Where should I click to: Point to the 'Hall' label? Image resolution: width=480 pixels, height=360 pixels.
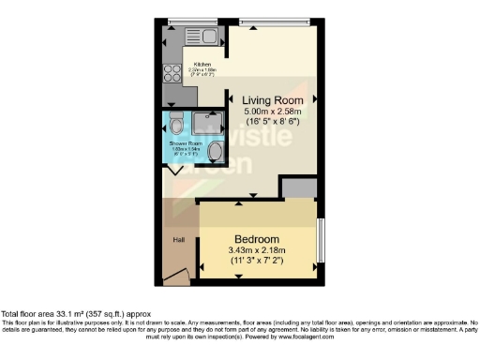click(177, 240)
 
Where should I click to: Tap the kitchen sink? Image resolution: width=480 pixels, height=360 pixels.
click(203, 37)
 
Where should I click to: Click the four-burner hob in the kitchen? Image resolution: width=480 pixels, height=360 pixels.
click(172, 73)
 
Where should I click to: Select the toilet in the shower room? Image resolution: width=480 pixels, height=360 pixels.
click(175, 123)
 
